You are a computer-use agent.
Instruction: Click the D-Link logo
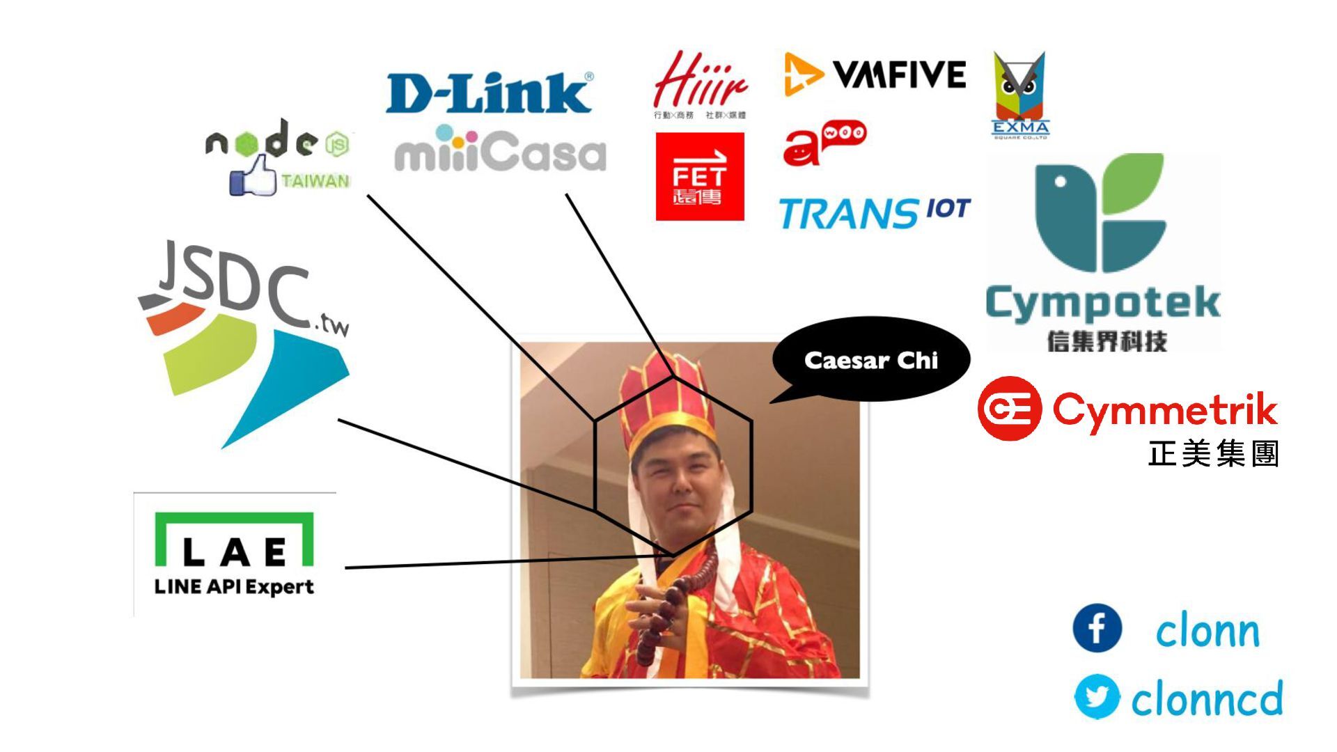489,93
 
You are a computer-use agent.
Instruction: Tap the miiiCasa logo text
500,151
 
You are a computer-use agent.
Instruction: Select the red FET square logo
699,177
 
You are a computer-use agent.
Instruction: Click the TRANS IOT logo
874,212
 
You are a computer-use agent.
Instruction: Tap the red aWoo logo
824,142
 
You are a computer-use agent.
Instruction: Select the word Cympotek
1102,303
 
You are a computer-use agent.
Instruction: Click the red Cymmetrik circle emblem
1009,409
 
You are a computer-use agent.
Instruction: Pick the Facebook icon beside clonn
1097,628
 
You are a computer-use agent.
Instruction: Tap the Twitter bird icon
1097,696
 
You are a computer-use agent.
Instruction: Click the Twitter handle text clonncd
1207,699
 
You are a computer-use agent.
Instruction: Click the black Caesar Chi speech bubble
870,360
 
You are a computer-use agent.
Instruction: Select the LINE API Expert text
234,587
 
